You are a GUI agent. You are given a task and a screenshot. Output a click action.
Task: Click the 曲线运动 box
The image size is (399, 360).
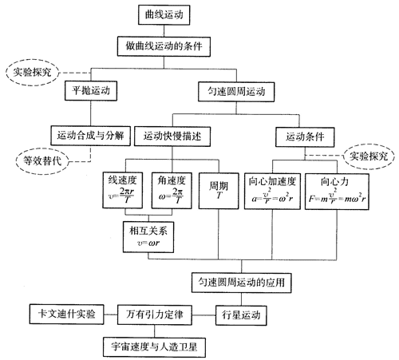pyautogui.click(x=164, y=15)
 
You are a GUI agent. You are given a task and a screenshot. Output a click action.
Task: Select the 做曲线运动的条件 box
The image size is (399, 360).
pyautogui.click(x=164, y=46)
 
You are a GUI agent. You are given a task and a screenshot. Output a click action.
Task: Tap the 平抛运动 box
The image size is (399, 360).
pyautogui.click(x=91, y=91)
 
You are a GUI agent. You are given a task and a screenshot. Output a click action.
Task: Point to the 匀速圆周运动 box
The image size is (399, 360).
pyautogui.click(x=236, y=92)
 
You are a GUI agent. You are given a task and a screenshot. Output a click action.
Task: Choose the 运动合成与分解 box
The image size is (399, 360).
pyautogui.click(x=91, y=136)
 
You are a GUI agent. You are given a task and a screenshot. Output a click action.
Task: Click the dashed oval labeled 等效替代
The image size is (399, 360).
pyautogui.click(x=42, y=161)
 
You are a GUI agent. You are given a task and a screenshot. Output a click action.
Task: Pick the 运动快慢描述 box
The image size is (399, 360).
pyautogui.click(x=172, y=136)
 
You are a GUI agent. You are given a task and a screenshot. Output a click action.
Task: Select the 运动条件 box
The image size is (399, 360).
pyautogui.click(x=305, y=136)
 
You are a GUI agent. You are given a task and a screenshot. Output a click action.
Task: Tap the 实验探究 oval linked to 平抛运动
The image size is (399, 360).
pyautogui.click(x=32, y=73)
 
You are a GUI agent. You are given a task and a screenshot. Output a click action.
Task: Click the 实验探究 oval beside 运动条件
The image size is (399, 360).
pyautogui.click(x=369, y=156)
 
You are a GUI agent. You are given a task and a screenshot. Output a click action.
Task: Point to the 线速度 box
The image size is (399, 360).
pyautogui.click(x=123, y=190)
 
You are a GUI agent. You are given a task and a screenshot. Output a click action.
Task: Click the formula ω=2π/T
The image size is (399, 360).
pyautogui.click(x=171, y=196)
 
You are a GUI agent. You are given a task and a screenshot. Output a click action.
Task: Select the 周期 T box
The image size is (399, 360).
pyautogui.click(x=219, y=191)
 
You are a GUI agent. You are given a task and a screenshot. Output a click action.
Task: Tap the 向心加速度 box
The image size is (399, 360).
pyautogui.click(x=272, y=192)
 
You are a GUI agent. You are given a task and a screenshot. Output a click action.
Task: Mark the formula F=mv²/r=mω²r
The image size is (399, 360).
pyautogui.click(x=337, y=196)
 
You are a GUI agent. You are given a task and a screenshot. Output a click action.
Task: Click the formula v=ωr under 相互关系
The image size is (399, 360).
pyautogui.click(x=148, y=243)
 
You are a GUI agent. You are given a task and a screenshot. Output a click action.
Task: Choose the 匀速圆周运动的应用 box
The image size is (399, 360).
pyautogui.click(x=242, y=283)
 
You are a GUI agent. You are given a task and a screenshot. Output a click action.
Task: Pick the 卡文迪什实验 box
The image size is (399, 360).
pyautogui.click(x=66, y=315)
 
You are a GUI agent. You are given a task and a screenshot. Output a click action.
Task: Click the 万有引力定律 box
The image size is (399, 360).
pyautogui.click(x=155, y=315)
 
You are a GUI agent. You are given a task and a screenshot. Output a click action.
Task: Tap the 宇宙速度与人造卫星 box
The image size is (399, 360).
pyautogui.click(x=155, y=347)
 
